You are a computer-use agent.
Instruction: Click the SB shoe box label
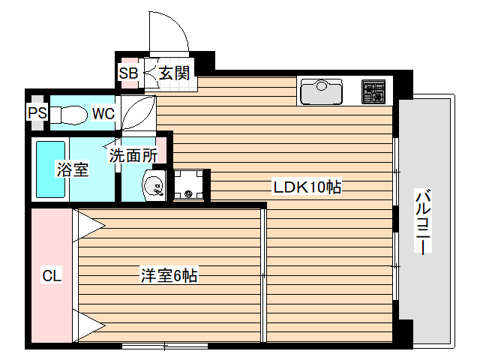128,73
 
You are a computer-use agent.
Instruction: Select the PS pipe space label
37,113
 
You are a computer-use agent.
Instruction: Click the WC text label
103,113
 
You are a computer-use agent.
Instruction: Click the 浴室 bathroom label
73,169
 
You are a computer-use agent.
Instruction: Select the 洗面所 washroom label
133,156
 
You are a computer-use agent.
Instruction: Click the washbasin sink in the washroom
153,185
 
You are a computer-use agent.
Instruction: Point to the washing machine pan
189,185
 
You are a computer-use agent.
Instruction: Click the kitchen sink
321,92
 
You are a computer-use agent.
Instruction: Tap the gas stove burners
373,92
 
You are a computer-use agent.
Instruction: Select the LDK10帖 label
307,187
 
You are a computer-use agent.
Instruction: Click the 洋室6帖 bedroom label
169,275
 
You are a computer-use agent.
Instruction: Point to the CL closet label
51,275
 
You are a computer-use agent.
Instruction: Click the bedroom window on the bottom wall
165,346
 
